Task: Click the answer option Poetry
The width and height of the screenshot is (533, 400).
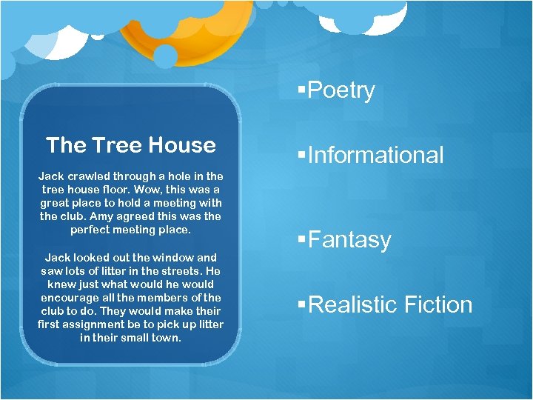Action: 341,90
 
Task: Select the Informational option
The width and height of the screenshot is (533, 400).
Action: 375,155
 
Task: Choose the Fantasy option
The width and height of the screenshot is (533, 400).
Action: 349,240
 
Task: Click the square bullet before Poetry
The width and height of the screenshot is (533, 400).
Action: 301,90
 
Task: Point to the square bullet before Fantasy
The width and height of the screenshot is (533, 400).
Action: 301,239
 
